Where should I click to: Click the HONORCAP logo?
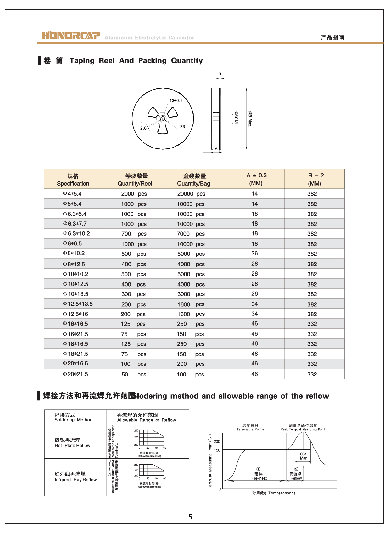coord(71,36)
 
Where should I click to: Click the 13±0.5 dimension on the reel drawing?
coord(176,101)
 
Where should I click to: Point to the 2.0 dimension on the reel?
coord(143,128)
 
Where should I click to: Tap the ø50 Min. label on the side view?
coord(236,120)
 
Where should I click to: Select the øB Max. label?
coord(250,119)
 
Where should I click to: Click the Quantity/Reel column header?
coord(135,180)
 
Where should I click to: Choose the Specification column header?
coord(73,180)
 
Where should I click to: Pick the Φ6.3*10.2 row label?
coord(76,234)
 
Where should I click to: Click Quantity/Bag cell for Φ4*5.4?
coord(191,194)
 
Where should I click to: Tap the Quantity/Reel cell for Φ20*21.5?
coord(134,374)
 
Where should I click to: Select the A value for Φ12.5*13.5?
coord(254,304)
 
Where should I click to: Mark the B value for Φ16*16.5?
coord(312,324)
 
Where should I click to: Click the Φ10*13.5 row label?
coord(75,294)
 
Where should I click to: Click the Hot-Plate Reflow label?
coord(72,443)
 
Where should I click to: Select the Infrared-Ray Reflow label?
coord(75,477)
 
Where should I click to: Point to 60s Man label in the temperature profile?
coord(304,456)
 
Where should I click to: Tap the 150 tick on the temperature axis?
coord(217,450)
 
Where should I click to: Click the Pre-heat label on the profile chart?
coord(259,478)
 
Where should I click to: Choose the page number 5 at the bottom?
coord(190,517)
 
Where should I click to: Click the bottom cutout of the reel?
coord(163,129)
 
